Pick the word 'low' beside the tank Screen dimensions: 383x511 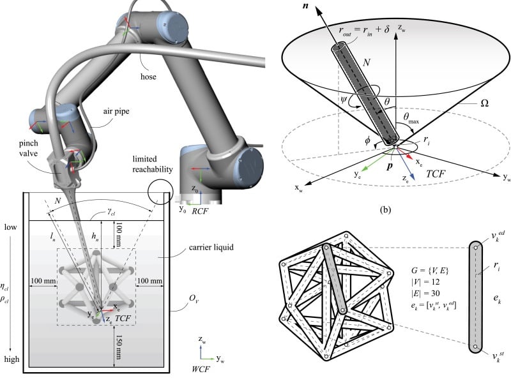point(11,227)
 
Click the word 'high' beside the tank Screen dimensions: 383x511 point(11,359)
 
